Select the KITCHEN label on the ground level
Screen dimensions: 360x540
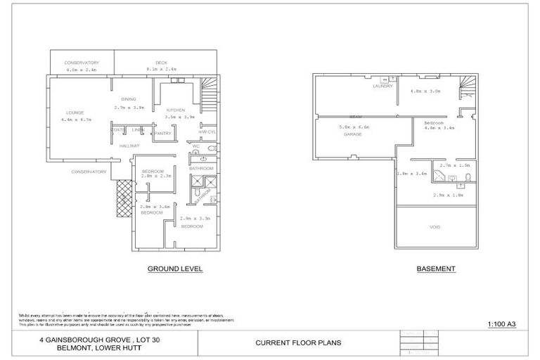(x=175, y=110)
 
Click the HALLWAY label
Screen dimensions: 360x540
(x=129, y=145)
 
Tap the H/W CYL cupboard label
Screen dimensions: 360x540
(x=206, y=132)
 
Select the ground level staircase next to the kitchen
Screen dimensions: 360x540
(x=210, y=91)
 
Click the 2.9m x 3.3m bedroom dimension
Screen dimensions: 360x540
(x=193, y=219)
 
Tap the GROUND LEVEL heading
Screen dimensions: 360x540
(x=174, y=269)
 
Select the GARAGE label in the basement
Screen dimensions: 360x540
(x=352, y=134)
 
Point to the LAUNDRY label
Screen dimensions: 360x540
(x=382, y=86)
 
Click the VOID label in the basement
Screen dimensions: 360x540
(x=435, y=227)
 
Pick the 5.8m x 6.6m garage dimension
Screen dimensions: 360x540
(x=354, y=127)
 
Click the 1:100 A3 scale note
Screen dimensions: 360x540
(x=502, y=324)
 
